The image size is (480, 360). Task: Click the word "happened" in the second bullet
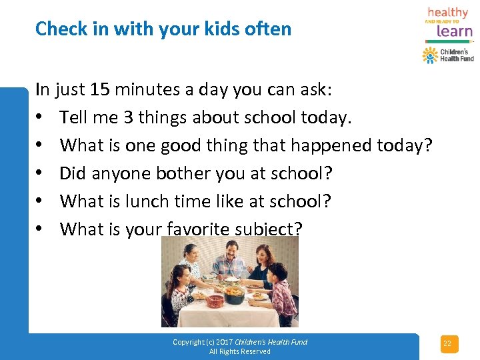pos(327,145)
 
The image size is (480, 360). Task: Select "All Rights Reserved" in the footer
pos(240,351)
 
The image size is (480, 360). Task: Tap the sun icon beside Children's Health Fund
pos(430,55)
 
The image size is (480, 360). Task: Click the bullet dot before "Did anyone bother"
pos(41,173)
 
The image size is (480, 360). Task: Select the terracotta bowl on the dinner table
pos(215,301)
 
